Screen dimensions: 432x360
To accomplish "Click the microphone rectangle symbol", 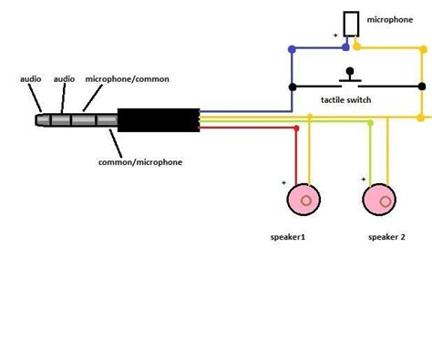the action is pos(351,24).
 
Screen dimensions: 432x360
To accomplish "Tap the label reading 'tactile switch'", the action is pos(346,100).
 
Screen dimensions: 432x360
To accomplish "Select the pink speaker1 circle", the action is pos(303,200).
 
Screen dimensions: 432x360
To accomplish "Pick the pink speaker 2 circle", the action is pos(379,200).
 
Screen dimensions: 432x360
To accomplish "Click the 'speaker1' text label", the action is pos(288,237).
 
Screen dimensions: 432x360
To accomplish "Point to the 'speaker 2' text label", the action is pos(386,237).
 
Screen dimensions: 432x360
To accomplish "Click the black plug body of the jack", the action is pos(159,120).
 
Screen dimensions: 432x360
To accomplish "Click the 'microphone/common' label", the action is pos(128,79).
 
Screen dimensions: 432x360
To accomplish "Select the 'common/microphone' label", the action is pos(140,162).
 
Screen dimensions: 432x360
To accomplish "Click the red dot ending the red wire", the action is pos(296,129).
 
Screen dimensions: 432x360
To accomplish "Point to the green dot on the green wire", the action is pos(370,123).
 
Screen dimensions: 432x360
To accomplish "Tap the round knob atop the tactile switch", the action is pos(350,71).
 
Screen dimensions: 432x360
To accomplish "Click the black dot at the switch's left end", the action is pos(293,87).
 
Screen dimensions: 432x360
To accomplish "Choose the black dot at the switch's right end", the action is pos(422,87).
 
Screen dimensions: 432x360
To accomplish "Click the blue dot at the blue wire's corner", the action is pos(292,49).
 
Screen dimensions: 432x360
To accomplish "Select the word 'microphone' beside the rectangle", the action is pos(390,20).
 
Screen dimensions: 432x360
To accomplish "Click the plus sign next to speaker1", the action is pos(283,183).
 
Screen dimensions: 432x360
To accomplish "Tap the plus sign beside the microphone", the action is pos(335,36).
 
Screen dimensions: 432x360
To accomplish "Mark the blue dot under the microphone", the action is pos(345,47).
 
